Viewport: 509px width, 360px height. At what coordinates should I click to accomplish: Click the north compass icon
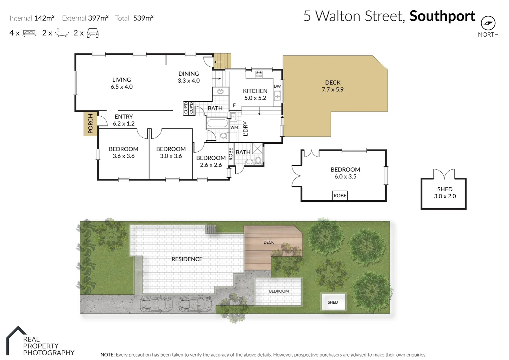[x=488, y=23]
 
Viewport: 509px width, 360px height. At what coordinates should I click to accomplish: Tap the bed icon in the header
[x=29, y=33]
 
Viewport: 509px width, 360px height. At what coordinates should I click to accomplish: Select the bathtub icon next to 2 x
[x=62, y=33]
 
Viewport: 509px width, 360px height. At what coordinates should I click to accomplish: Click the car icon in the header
[x=92, y=33]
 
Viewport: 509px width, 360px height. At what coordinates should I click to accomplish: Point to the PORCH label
[x=90, y=124]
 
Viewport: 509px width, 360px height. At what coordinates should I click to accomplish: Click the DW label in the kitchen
[x=277, y=86]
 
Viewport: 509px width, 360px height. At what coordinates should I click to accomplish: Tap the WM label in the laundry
[x=234, y=127]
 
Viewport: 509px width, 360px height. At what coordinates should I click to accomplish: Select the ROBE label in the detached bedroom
[x=340, y=196]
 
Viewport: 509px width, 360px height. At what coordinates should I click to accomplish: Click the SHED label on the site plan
[x=333, y=302]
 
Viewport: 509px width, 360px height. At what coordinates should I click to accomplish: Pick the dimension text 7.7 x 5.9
[x=333, y=90]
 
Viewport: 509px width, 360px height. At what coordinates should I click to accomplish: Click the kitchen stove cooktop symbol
[x=259, y=74]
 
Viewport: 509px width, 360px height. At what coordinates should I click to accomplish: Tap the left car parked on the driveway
[x=156, y=304]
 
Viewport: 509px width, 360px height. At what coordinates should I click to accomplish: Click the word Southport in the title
[x=442, y=16]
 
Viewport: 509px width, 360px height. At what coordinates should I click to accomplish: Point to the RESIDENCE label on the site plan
[x=187, y=259]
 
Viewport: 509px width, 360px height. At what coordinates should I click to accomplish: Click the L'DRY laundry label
[x=246, y=129]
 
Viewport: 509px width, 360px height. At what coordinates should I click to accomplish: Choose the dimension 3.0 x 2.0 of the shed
[x=445, y=196]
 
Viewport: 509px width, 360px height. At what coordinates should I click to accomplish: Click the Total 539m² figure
[x=143, y=18]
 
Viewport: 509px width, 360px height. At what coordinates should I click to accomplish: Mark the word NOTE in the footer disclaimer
[x=107, y=355]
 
